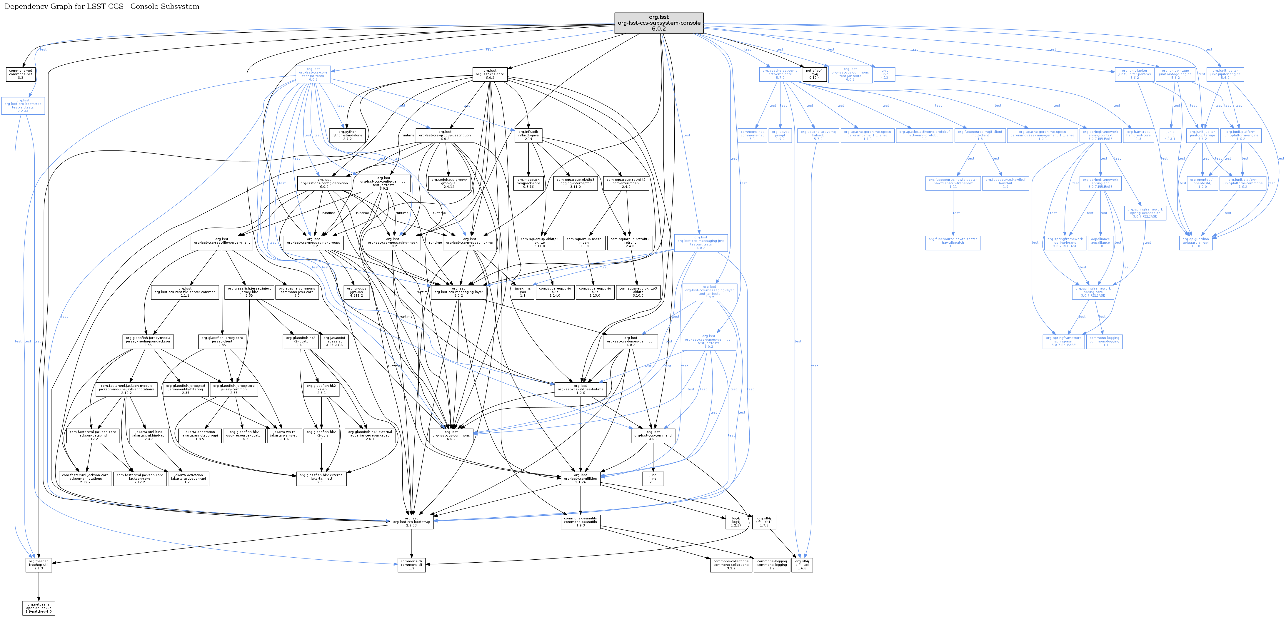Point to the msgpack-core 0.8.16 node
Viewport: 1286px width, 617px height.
pyautogui.click(x=528, y=183)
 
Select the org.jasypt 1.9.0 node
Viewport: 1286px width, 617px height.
pyautogui.click(x=780, y=135)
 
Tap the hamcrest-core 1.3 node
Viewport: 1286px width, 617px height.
pyautogui.click(x=1138, y=135)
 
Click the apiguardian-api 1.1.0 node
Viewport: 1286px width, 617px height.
pyautogui.click(x=1196, y=243)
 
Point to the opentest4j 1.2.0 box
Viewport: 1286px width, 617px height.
pyautogui.click(x=1202, y=183)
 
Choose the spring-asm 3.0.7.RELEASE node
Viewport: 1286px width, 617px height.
pyautogui.click(x=1064, y=342)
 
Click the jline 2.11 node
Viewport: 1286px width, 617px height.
pyautogui.click(x=653, y=479)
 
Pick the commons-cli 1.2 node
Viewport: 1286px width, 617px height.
pyautogui.click(x=411, y=565)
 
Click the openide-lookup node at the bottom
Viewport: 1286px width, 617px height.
pyautogui.click(x=39, y=608)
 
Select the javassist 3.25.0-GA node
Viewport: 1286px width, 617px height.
pyautogui.click(x=334, y=342)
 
